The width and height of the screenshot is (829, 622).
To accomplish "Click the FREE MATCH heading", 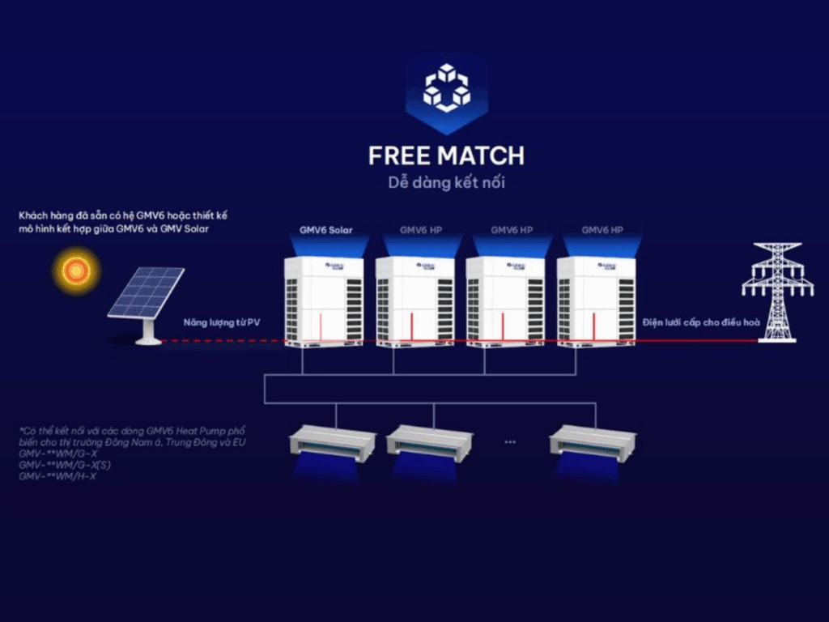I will click(x=446, y=155).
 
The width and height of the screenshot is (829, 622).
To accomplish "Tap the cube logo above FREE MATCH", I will click(x=446, y=88).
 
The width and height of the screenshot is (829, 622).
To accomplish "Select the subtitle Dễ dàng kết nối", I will click(x=446, y=182).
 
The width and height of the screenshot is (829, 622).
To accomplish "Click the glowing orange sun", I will click(x=76, y=270).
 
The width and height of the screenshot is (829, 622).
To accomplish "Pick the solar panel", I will click(x=146, y=293).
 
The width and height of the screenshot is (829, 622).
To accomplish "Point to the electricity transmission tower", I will click(x=776, y=290).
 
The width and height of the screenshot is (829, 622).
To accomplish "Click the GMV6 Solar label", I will click(x=326, y=230).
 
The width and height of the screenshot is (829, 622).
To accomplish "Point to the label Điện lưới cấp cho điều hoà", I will click(x=701, y=322).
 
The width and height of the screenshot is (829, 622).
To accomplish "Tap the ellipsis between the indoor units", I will click(x=510, y=441).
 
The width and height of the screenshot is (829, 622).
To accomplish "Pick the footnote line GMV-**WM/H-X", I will click(x=57, y=476).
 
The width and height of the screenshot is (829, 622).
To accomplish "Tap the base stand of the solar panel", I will click(x=148, y=334).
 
